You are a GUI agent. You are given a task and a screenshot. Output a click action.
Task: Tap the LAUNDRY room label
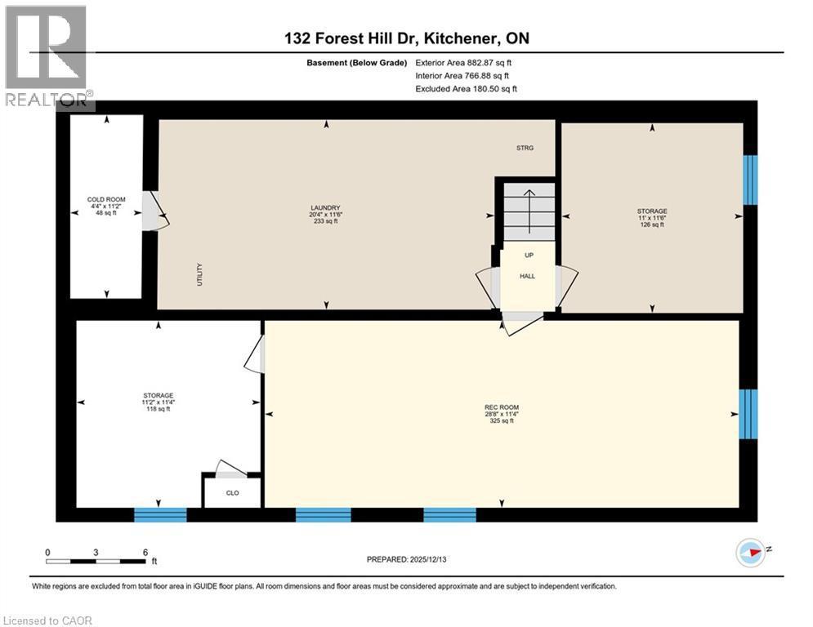325,207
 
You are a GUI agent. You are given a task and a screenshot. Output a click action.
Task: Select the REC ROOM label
501,407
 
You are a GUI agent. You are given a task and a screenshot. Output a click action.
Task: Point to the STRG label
525,149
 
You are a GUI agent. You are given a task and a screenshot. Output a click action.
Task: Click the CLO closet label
232,494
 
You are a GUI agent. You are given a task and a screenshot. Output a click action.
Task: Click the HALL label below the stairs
528,276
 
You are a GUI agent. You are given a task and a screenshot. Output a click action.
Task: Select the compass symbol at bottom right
753,552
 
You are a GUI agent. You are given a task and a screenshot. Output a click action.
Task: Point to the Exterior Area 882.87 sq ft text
463,63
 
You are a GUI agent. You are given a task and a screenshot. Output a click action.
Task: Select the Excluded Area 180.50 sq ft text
466,89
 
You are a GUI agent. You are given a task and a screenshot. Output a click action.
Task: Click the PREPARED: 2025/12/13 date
406,559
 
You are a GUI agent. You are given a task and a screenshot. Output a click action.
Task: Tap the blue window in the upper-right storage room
750,180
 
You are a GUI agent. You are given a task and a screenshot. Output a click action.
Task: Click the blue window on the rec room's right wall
748,414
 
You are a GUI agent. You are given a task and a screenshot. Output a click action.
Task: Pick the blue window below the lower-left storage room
160,514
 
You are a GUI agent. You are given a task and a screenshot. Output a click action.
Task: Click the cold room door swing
155,211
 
